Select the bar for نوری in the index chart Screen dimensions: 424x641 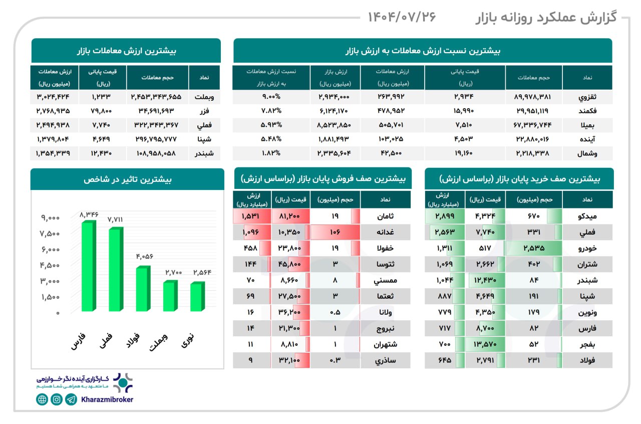point(197,297)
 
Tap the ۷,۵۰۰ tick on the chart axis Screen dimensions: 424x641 point(50,234)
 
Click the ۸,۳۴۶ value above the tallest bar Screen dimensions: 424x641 point(89,215)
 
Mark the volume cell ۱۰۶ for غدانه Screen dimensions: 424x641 point(335,232)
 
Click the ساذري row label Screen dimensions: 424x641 point(386,360)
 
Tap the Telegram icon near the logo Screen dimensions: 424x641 point(71,399)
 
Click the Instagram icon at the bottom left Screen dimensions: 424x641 point(57,399)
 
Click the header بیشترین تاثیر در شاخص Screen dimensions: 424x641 point(127,179)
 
